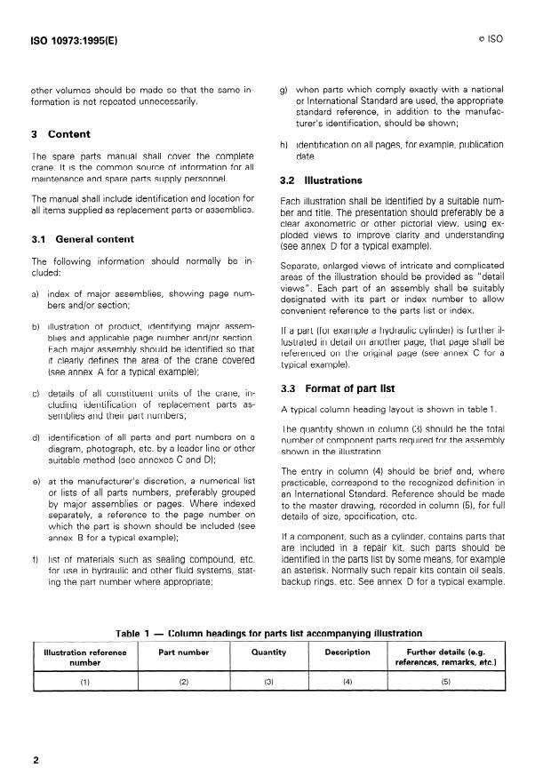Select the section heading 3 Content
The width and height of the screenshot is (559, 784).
pos(60,135)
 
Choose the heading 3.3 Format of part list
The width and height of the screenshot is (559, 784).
pos(339,388)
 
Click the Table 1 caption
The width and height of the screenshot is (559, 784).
pos(270,634)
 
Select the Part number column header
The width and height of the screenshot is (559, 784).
pos(185,652)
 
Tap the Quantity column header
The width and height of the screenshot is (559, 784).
pos(269,652)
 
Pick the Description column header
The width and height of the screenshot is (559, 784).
pos(347,652)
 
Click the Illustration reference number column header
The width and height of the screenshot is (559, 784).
pos(85,657)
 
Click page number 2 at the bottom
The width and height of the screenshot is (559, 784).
pos(36,760)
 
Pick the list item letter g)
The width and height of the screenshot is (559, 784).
pos(284,90)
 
